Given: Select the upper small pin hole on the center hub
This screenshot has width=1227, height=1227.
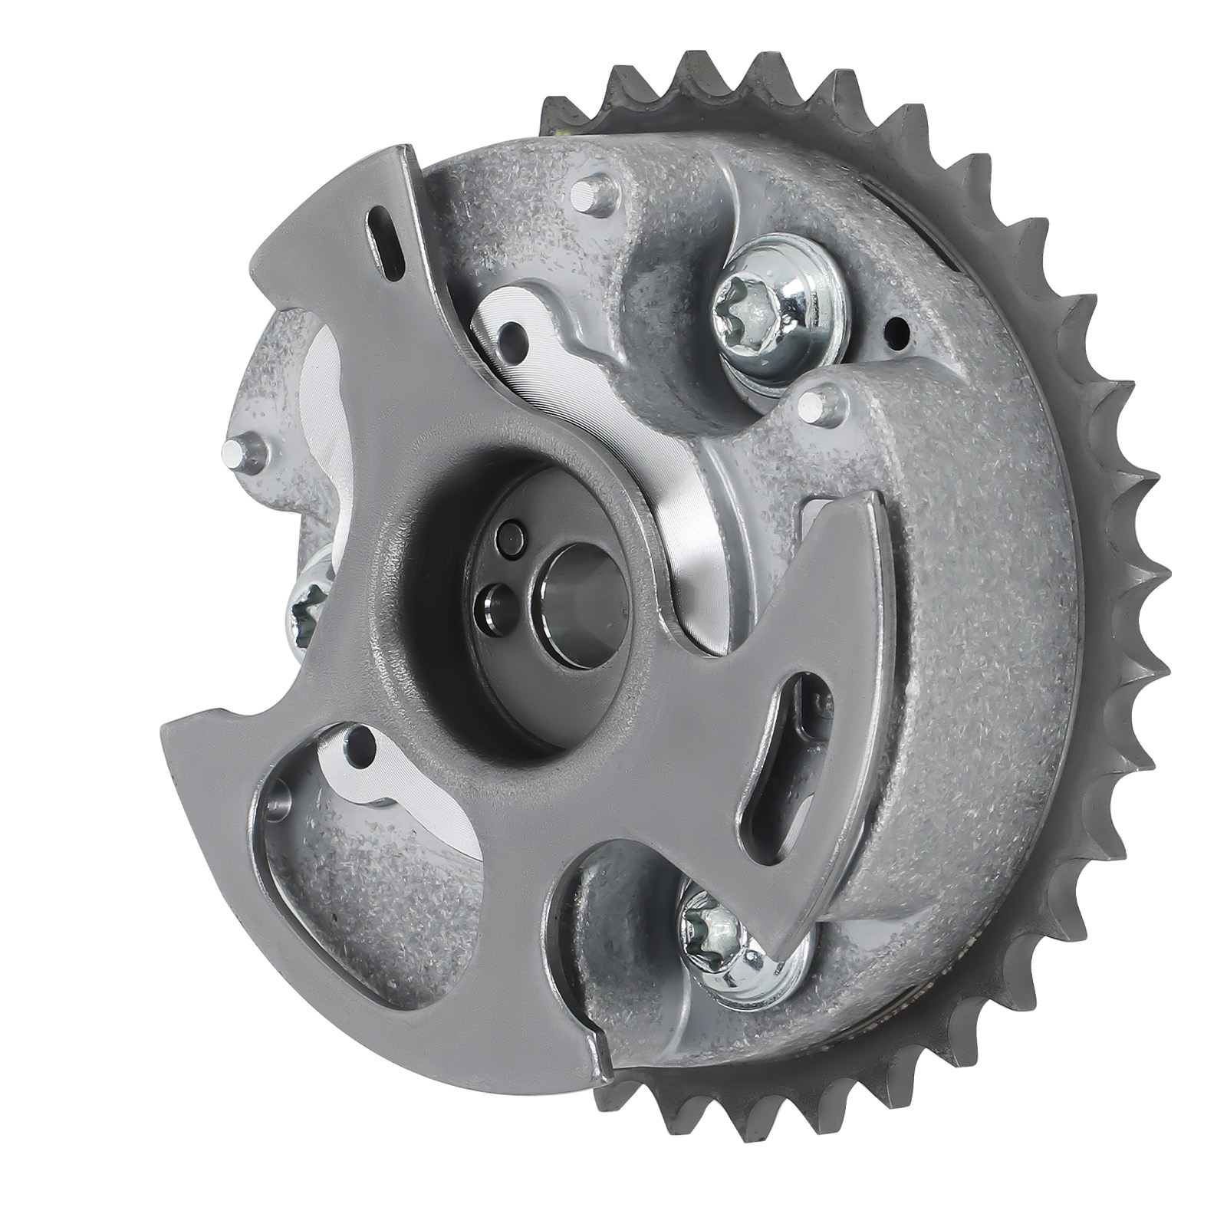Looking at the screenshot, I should [510, 538].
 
